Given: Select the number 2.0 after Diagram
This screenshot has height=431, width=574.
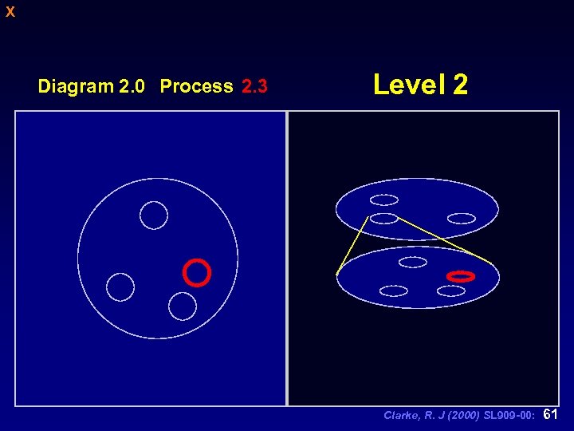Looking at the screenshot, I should [132, 86].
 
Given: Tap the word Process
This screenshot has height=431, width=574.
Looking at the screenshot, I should [196, 86].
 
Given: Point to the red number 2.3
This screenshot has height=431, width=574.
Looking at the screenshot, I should [254, 86].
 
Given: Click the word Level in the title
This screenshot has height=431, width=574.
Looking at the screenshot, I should [409, 84].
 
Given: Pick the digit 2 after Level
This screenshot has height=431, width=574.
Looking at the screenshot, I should [460, 84].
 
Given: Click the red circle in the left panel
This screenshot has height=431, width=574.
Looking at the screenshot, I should [196, 272].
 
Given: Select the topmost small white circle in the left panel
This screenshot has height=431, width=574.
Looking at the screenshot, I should [154, 215].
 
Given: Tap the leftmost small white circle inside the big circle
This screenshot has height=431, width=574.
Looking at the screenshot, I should [120, 287].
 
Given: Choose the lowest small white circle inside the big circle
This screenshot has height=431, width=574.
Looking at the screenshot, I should [183, 306].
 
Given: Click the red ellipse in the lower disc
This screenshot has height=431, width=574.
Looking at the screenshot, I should [461, 276].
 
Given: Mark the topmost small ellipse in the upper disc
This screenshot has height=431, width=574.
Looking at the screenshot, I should [384, 200].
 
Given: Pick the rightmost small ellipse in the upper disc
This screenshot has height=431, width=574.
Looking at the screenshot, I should [461, 218].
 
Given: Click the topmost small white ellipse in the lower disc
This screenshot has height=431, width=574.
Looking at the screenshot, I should [412, 262].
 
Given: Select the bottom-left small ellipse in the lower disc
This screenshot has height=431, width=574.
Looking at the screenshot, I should [394, 291].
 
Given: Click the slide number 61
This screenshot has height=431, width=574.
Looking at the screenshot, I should [550, 414].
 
